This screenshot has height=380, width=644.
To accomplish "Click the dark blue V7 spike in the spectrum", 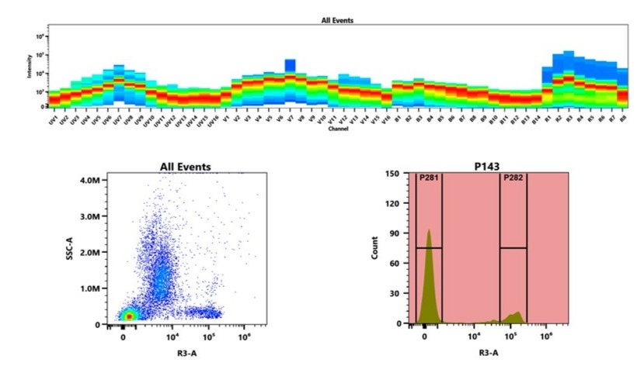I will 290,64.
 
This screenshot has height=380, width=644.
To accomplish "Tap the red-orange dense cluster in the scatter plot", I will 129,315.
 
